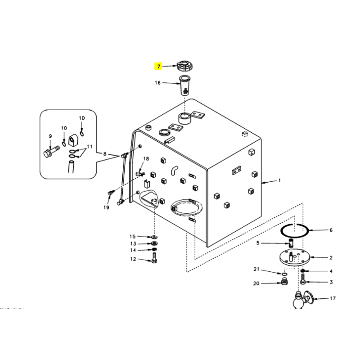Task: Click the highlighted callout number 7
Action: point(158,66)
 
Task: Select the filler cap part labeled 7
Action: point(184,65)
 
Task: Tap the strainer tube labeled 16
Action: point(184,85)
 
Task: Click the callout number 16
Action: point(157,83)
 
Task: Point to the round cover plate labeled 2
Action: point(295,258)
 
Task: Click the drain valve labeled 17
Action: point(302,299)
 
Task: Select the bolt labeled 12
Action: point(154,257)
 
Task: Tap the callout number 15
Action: point(133,237)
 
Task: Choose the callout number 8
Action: point(105,154)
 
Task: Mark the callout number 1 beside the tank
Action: point(279,180)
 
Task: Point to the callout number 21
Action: point(256,269)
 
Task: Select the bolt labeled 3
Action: point(303,279)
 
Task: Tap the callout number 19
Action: point(106,207)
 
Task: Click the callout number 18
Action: point(146,159)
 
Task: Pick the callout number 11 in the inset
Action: point(90,147)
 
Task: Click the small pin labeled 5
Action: point(291,243)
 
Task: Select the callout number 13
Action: point(133,243)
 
